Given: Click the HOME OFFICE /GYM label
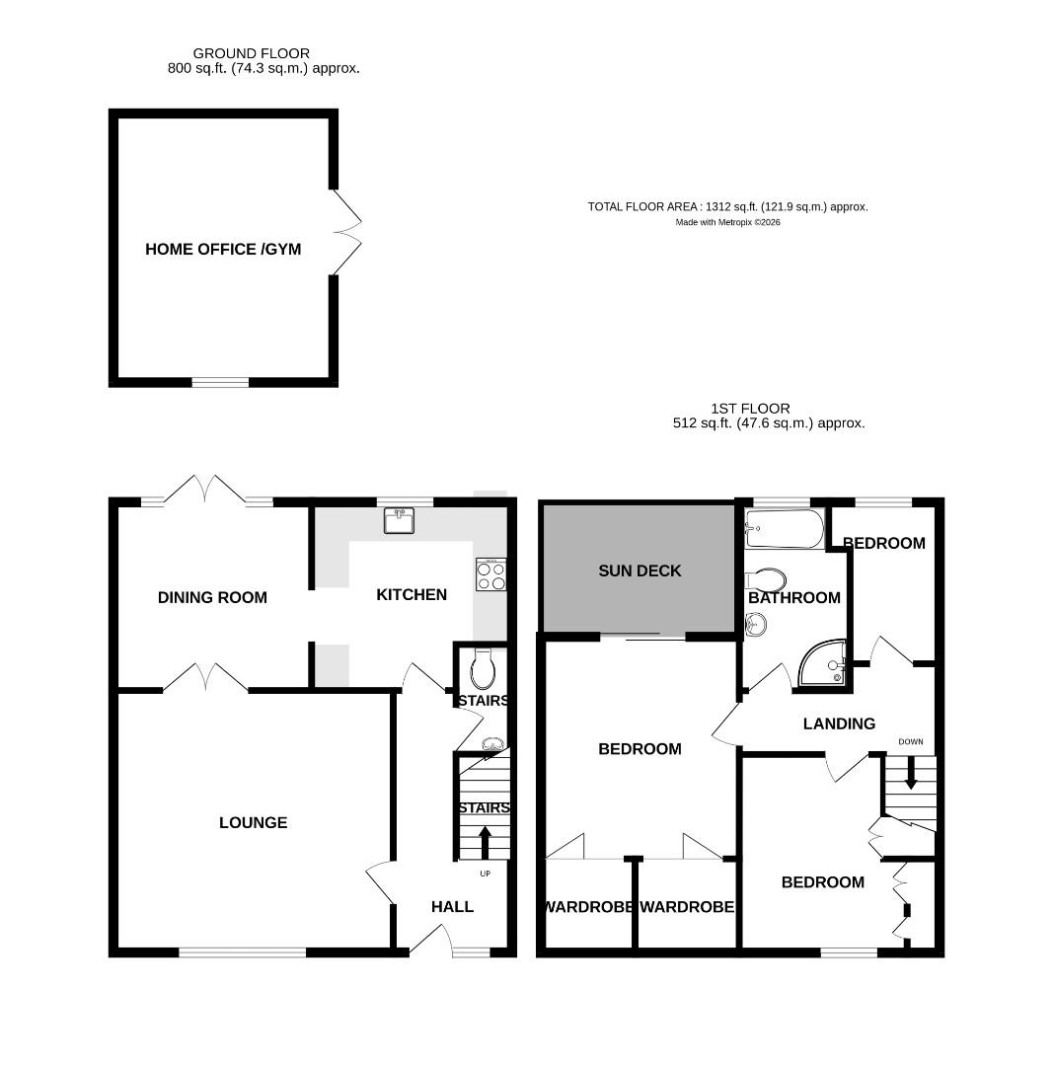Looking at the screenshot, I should click(x=223, y=250).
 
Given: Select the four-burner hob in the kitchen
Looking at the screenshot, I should click(x=490, y=574).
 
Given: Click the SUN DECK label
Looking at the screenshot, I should click(x=639, y=571).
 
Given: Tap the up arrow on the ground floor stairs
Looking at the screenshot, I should click(x=484, y=842).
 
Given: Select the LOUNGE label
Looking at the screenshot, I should click(x=253, y=822).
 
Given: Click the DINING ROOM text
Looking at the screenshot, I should click(x=212, y=597).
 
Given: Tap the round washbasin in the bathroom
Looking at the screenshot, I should click(x=756, y=624).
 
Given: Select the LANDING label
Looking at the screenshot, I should click(x=839, y=723).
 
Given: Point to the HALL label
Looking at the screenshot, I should click(x=452, y=906).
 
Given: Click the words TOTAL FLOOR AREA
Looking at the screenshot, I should click(x=643, y=207).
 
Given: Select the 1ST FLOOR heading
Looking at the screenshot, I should click(x=750, y=408).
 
